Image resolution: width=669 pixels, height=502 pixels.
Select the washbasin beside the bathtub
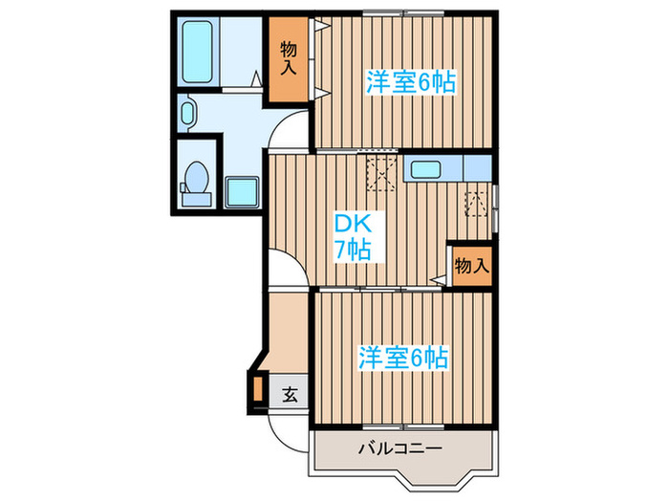point(187,114)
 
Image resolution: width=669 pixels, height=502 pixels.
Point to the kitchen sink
point(425,170)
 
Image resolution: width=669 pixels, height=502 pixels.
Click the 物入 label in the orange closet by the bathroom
point(288,59)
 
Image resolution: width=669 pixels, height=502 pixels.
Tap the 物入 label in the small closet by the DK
point(471,265)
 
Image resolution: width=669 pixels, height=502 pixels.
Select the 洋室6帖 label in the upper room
point(409,82)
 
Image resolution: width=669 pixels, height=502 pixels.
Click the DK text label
point(346,225)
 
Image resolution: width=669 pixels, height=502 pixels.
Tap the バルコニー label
point(400,447)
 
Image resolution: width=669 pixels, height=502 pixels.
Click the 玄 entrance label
point(288,391)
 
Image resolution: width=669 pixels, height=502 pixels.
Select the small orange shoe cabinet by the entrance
point(257,389)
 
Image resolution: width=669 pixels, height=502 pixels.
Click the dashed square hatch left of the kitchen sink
point(381,174)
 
